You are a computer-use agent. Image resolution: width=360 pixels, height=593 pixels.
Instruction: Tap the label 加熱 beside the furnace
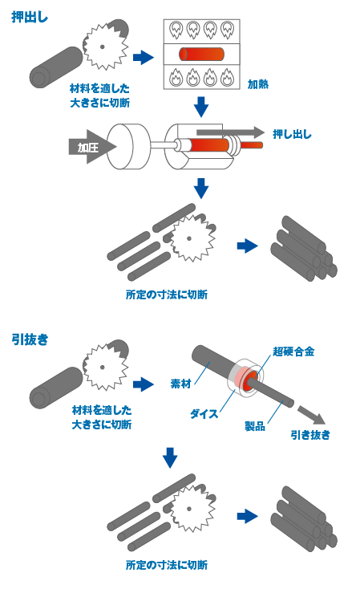[258, 83]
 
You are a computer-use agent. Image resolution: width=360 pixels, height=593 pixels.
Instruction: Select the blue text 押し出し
[293, 134]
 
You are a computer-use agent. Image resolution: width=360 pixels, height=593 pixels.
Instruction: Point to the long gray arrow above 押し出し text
[229, 132]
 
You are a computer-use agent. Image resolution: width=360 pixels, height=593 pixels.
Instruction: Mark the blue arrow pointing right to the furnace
[143, 57]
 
